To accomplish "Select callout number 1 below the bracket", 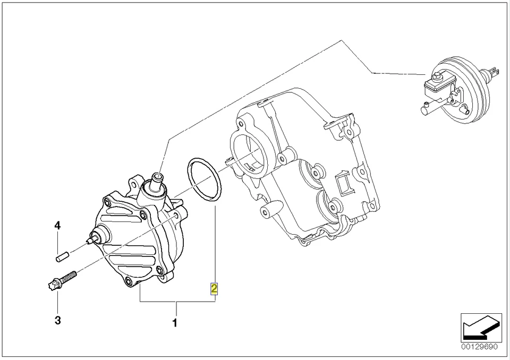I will (x=175, y=322).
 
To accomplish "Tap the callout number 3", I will (x=57, y=320).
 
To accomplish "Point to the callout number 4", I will (x=57, y=226).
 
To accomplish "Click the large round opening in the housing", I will (x=248, y=156).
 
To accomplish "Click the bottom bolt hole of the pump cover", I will (x=128, y=280).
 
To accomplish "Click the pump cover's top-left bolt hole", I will (x=107, y=202).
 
